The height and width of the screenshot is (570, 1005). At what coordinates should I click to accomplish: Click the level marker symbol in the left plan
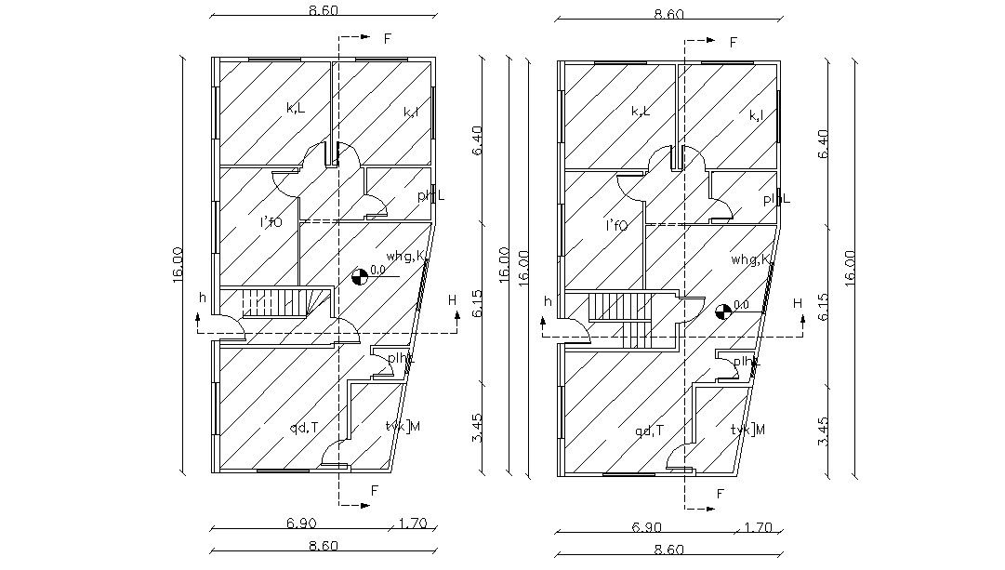[359, 275]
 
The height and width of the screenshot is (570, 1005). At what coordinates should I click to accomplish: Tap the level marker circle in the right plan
[722, 312]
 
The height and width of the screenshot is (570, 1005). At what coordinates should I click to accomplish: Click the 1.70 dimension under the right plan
[759, 527]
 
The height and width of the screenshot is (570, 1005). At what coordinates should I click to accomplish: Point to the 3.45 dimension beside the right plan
[824, 429]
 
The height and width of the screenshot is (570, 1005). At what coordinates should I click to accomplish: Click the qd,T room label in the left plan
[303, 428]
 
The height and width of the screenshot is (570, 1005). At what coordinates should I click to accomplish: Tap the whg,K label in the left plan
[407, 256]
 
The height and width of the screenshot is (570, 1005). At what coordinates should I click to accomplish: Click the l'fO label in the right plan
[616, 225]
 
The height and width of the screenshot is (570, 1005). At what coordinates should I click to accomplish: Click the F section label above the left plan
[388, 39]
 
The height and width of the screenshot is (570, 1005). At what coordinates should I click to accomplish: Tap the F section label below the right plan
[720, 494]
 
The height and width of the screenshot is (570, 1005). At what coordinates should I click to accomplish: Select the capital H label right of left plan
[452, 299]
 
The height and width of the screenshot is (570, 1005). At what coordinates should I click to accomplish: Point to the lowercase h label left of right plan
[549, 301]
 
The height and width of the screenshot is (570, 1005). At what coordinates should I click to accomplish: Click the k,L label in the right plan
[641, 112]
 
